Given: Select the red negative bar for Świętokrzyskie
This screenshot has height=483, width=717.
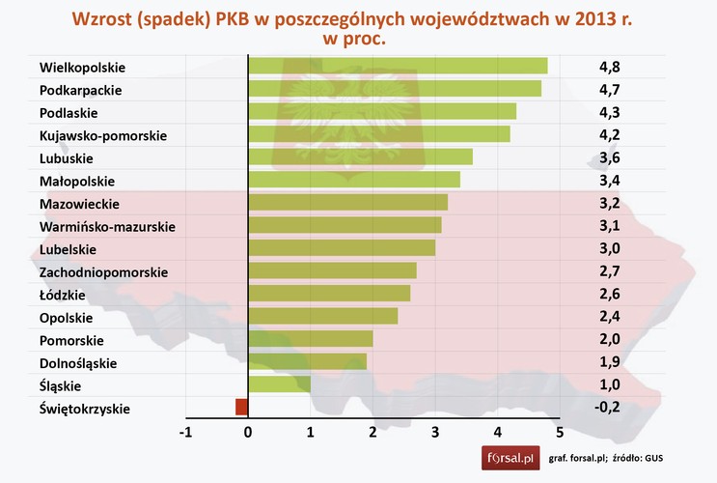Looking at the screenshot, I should pyautogui.click(x=241, y=407).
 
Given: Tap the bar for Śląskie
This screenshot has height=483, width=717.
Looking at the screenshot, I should pyautogui.click(x=279, y=384).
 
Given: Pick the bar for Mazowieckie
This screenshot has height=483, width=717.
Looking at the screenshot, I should pyautogui.click(x=347, y=202).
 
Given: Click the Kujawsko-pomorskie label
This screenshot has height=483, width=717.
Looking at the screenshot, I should pyautogui.click(x=103, y=135).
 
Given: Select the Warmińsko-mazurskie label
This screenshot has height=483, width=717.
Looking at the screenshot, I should pyautogui.click(x=107, y=227).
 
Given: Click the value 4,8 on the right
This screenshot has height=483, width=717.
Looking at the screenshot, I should pyautogui.click(x=609, y=67).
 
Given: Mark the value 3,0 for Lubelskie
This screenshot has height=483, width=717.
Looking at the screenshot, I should pyautogui.click(x=609, y=248).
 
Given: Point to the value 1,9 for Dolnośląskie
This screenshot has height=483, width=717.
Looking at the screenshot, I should pyautogui.click(x=609, y=362).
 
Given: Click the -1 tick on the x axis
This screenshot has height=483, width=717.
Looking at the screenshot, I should pyautogui.click(x=186, y=432).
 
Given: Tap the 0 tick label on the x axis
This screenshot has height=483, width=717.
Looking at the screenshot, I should pyautogui.click(x=249, y=432).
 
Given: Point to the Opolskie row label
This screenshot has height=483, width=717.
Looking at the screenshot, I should pyautogui.click(x=67, y=317).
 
